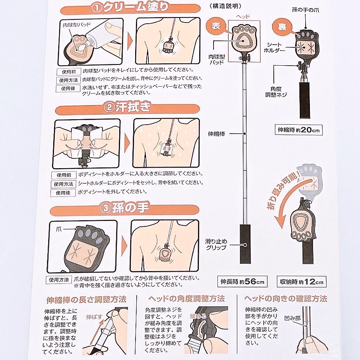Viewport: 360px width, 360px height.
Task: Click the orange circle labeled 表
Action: click(216, 26)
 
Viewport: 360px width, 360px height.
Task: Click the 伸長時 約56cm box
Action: click(242, 282)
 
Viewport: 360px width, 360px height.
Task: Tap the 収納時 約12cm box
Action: click(302, 282)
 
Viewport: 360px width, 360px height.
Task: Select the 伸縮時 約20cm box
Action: click(299, 130)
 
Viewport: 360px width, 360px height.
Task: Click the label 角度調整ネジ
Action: click(276, 92)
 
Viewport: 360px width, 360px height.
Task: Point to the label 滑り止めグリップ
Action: click(216, 244)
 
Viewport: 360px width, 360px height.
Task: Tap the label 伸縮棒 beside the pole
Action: click(217, 134)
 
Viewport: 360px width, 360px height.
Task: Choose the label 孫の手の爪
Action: click(306, 10)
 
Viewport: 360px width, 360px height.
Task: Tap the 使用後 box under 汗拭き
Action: click(63, 193)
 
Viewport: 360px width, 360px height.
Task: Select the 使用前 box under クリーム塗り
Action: click(69, 72)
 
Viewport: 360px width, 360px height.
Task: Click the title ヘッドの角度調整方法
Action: click(186, 299)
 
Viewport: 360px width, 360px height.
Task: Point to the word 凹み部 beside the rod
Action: click(292, 318)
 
